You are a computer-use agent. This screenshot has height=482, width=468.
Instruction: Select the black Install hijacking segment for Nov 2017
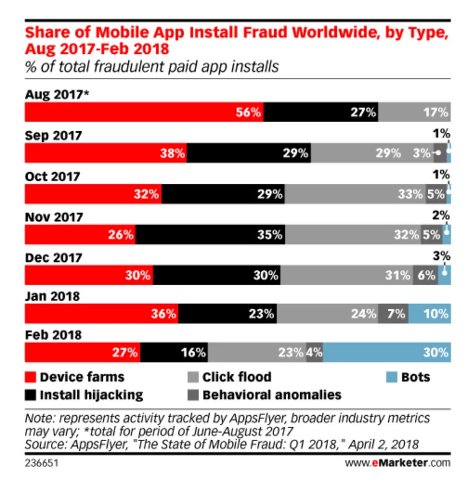pyautogui.click(x=210, y=235)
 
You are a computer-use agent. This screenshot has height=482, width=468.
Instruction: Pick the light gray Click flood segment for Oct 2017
pyautogui.click(x=355, y=194)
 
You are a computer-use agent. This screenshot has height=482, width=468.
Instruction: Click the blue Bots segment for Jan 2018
pyautogui.click(x=428, y=314)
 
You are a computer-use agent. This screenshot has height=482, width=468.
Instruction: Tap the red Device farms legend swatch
pyautogui.click(x=30, y=376)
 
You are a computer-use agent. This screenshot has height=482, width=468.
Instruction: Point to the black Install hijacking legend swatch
pyautogui.click(x=30, y=394)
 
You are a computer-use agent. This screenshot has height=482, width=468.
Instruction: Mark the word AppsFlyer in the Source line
pyautogui.click(x=90, y=444)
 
